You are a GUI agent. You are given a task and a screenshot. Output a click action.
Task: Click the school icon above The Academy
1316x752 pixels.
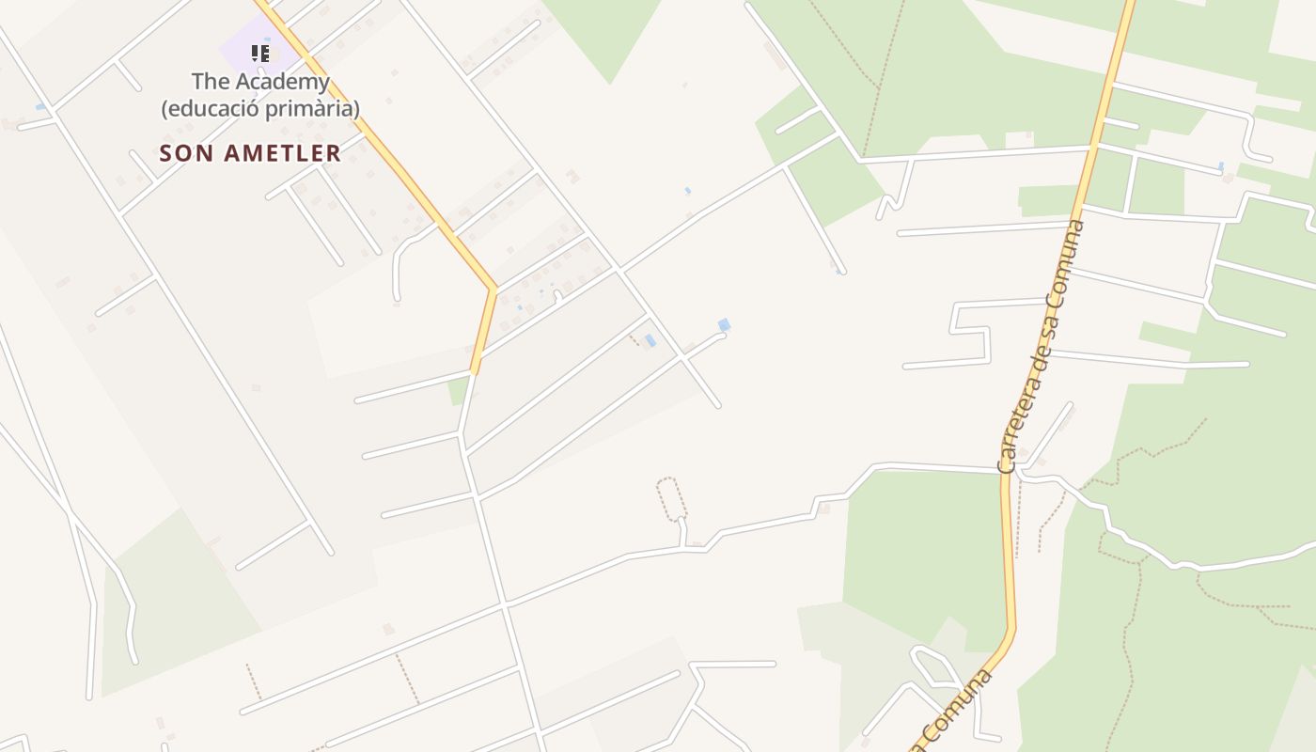(260, 54)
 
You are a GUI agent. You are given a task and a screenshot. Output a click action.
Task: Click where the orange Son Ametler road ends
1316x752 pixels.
(475, 371)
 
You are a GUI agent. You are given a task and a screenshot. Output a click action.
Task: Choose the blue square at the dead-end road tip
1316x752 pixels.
(724, 325)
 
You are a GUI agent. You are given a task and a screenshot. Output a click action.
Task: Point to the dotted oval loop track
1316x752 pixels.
(670, 498)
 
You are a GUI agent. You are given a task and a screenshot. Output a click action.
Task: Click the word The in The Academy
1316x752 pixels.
(210, 82)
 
